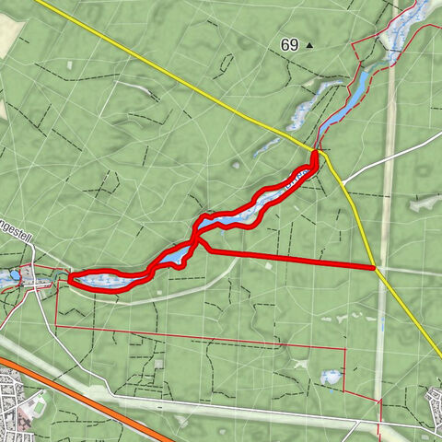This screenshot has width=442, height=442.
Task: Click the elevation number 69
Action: click(290, 44)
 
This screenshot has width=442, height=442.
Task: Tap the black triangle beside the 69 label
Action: click(309, 44)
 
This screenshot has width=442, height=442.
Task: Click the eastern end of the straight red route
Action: click(373, 267)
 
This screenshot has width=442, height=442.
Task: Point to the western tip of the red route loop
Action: click(71, 278)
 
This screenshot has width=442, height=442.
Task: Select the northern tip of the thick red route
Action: click(316, 154)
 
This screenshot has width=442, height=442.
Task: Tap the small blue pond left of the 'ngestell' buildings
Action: click(15, 274)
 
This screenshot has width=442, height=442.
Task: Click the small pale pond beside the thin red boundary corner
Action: click(330, 377)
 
